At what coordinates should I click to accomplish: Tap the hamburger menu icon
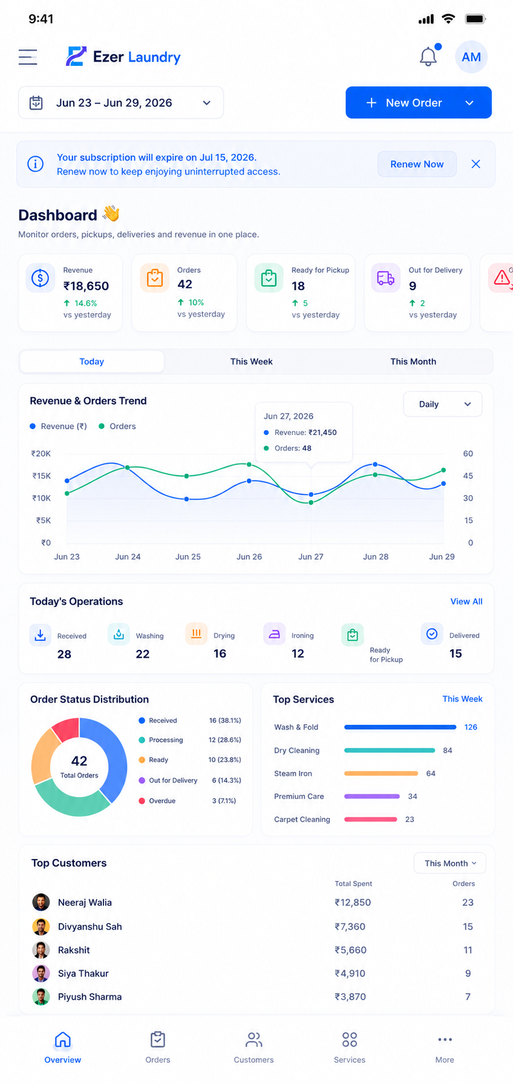(x=28, y=57)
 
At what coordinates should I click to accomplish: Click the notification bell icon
(x=429, y=56)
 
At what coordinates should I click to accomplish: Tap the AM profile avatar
(x=471, y=57)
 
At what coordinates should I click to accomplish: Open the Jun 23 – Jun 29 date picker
(x=121, y=103)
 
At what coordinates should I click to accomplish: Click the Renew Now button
(x=417, y=164)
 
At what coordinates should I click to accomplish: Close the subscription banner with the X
(x=476, y=164)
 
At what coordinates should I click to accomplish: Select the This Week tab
(x=251, y=361)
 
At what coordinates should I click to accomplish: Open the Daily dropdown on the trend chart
(x=442, y=404)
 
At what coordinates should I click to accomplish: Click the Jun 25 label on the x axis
(x=188, y=557)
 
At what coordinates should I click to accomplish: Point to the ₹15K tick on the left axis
(x=42, y=476)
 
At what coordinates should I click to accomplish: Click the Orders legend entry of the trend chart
(x=117, y=426)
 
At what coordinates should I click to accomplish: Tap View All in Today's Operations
(x=466, y=601)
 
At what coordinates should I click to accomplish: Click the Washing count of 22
(x=143, y=654)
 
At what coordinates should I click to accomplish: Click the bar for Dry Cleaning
(x=389, y=750)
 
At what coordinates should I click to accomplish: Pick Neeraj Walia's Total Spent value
(x=353, y=902)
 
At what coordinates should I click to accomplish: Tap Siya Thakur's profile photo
(x=41, y=973)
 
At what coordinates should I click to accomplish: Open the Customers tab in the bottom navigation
(x=254, y=1047)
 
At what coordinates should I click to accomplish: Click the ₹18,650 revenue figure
(x=86, y=286)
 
